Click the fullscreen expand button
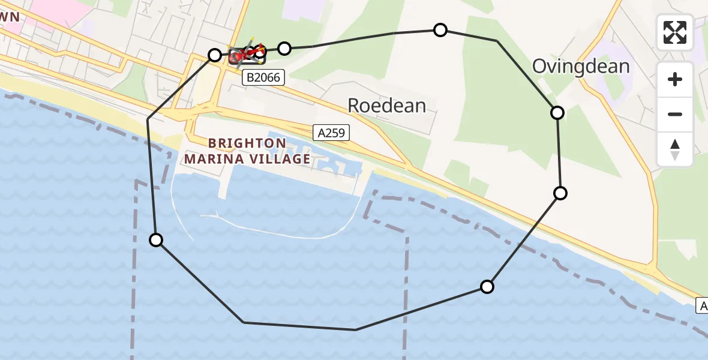point(675,32)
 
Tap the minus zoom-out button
point(675,114)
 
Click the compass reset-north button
point(675,149)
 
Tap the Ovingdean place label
point(581,66)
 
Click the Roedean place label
point(387,106)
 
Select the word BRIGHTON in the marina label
point(247,143)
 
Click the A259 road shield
point(331,133)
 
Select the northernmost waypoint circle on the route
point(440,30)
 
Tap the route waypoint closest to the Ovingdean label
point(557,112)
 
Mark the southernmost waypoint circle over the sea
point(487,287)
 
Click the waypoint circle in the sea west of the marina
point(156,240)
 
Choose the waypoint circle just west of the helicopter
point(215,55)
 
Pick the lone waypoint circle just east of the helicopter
point(284,48)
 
